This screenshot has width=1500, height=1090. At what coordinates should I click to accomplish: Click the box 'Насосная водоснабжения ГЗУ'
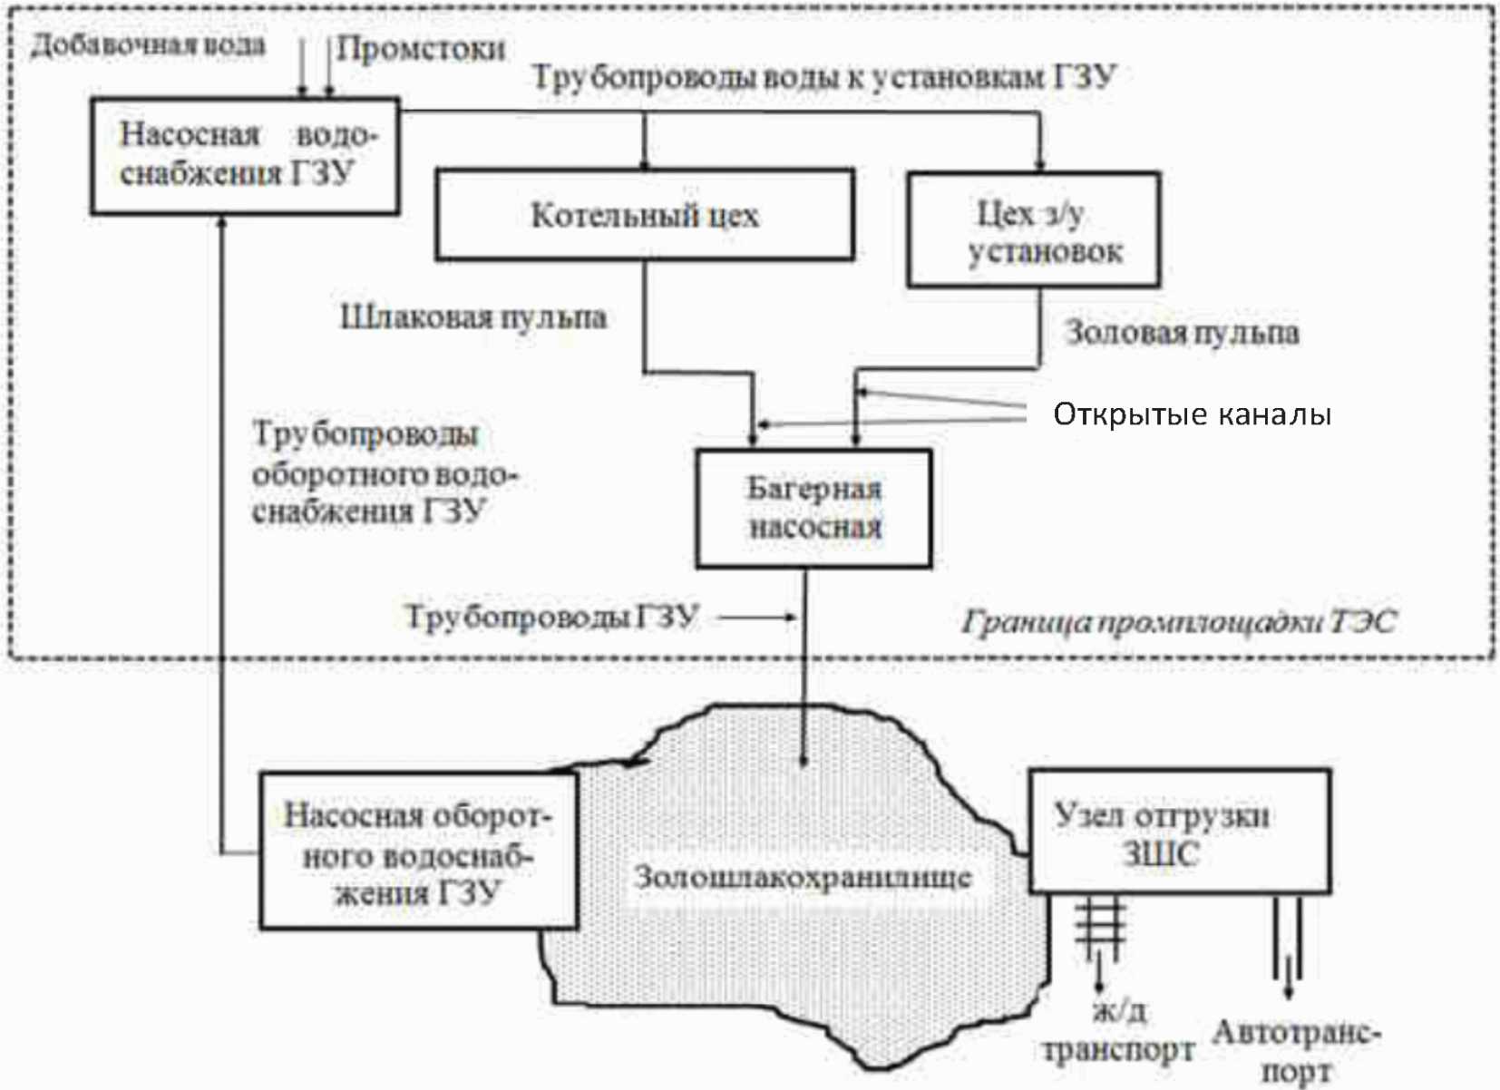[244, 155]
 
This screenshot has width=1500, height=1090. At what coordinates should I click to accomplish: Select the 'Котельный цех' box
[644, 215]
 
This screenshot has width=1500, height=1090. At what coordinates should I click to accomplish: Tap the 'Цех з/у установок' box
[1034, 231]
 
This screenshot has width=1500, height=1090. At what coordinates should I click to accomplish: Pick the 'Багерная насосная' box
[813, 509]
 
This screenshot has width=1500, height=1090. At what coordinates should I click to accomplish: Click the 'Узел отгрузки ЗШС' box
[1179, 832]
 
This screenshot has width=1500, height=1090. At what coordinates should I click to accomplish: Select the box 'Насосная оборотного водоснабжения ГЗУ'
[418, 852]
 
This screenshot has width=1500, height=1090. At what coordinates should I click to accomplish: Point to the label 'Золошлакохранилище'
[802, 877]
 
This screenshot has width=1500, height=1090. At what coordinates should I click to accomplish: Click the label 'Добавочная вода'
[148, 45]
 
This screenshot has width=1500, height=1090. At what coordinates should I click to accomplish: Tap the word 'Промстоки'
[421, 49]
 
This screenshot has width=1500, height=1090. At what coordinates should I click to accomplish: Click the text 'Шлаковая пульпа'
[472, 317]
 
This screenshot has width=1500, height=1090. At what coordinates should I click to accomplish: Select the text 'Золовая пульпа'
[1181, 333]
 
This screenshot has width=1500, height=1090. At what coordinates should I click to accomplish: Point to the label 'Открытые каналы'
[1192, 414]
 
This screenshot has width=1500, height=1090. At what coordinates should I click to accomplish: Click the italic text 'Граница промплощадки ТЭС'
[1178, 622]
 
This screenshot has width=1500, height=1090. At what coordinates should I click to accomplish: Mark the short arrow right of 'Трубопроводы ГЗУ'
[757, 618]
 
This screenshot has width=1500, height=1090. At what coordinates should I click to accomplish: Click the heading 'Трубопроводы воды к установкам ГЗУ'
[823, 77]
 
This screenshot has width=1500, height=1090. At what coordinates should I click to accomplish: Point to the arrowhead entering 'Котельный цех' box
[645, 163]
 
